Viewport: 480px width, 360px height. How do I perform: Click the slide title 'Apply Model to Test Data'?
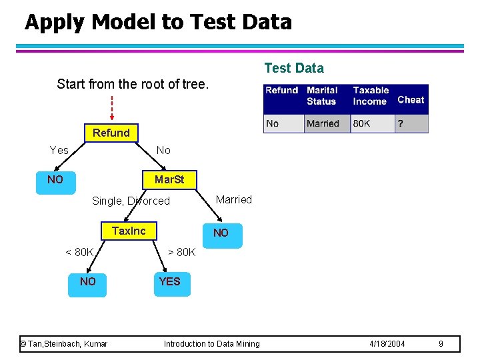[x=158, y=22]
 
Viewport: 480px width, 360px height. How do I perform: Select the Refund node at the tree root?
[x=111, y=133]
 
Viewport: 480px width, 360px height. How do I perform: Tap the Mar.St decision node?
[x=169, y=180]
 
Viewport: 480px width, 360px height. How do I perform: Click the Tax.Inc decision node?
[x=129, y=231]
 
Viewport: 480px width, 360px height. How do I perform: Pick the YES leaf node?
[x=169, y=281]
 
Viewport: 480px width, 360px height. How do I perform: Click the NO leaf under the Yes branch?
[x=55, y=180]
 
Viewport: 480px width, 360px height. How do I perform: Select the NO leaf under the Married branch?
[x=221, y=233]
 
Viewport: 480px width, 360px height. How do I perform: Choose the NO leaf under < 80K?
[x=87, y=281]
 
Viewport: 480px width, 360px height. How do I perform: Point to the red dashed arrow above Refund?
[x=112, y=107]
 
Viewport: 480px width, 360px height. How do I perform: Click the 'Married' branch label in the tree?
[x=234, y=199]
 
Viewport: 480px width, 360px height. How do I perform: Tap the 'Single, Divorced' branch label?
[x=131, y=201]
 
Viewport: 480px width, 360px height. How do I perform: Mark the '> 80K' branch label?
[x=181, y=252]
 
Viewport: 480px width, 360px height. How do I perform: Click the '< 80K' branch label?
[x=79, y=252]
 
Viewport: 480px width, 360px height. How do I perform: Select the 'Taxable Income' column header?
[x=371, y=95]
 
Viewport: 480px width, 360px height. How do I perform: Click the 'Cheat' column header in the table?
[x=411, y=99]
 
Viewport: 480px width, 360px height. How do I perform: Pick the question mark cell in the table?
[x=400, y=123]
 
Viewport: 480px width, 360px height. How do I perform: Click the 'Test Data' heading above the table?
[x=294, y=68]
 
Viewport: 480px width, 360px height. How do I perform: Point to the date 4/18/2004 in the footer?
[x=387, y=344]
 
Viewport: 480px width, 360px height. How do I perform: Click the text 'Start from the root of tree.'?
[x=133, y=84]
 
